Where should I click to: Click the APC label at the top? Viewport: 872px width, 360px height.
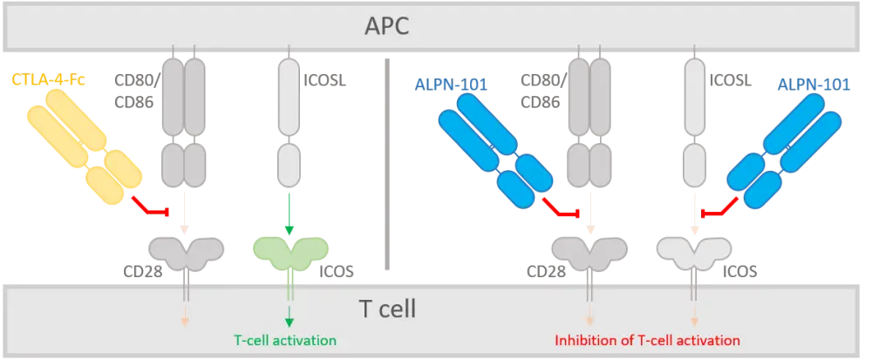(386, 26)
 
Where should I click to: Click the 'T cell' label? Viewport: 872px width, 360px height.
(387, 308)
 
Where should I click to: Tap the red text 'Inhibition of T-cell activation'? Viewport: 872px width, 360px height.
(648, 340)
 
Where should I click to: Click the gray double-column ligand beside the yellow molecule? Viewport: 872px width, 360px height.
(184, 122)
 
